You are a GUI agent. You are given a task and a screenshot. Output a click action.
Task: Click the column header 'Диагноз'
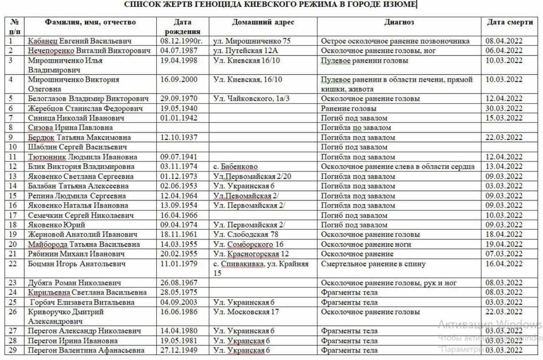399,22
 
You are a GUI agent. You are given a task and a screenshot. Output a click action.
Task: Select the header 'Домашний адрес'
263,22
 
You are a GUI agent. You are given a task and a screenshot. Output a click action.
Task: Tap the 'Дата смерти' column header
509,22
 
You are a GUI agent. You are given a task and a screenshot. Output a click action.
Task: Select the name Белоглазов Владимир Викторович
88,98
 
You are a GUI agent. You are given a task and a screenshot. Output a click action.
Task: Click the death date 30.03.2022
504,108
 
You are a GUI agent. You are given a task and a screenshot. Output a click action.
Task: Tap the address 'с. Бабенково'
235,166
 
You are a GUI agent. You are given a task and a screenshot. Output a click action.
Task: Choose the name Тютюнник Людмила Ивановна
83,157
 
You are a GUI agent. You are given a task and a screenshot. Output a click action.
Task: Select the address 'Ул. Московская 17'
246,312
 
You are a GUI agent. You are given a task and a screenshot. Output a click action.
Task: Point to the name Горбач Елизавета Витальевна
82,302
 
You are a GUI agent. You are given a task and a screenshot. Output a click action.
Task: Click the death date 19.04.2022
504,244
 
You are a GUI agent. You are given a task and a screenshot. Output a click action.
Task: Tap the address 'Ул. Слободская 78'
246,234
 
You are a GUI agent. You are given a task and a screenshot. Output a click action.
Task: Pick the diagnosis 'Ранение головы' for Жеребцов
349,108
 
